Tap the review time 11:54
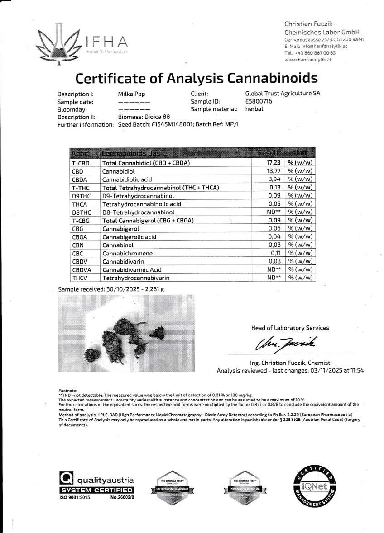(x=356, y=370)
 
